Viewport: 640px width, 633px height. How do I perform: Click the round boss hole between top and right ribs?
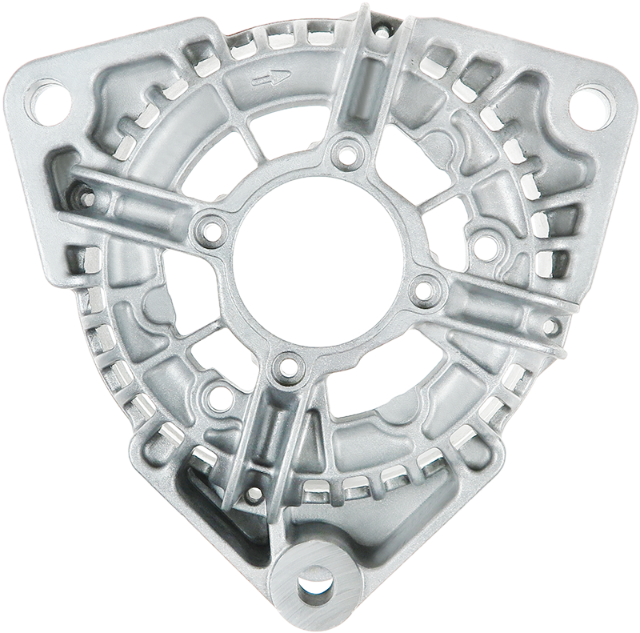(482, 241)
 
